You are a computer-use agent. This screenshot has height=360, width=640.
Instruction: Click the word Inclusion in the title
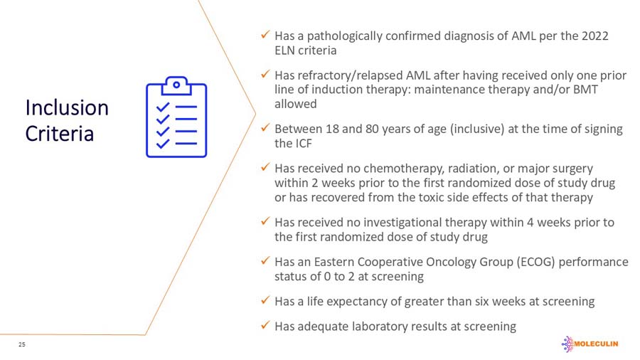tap(67, 107)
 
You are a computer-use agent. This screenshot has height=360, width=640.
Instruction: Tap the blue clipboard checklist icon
tap(176, 117)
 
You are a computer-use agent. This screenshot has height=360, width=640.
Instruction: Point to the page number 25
tap(22, 344)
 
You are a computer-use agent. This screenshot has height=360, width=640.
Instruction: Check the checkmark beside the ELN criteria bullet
tap(264, 35)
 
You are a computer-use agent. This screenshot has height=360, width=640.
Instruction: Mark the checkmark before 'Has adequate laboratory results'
tap(264, 325)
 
